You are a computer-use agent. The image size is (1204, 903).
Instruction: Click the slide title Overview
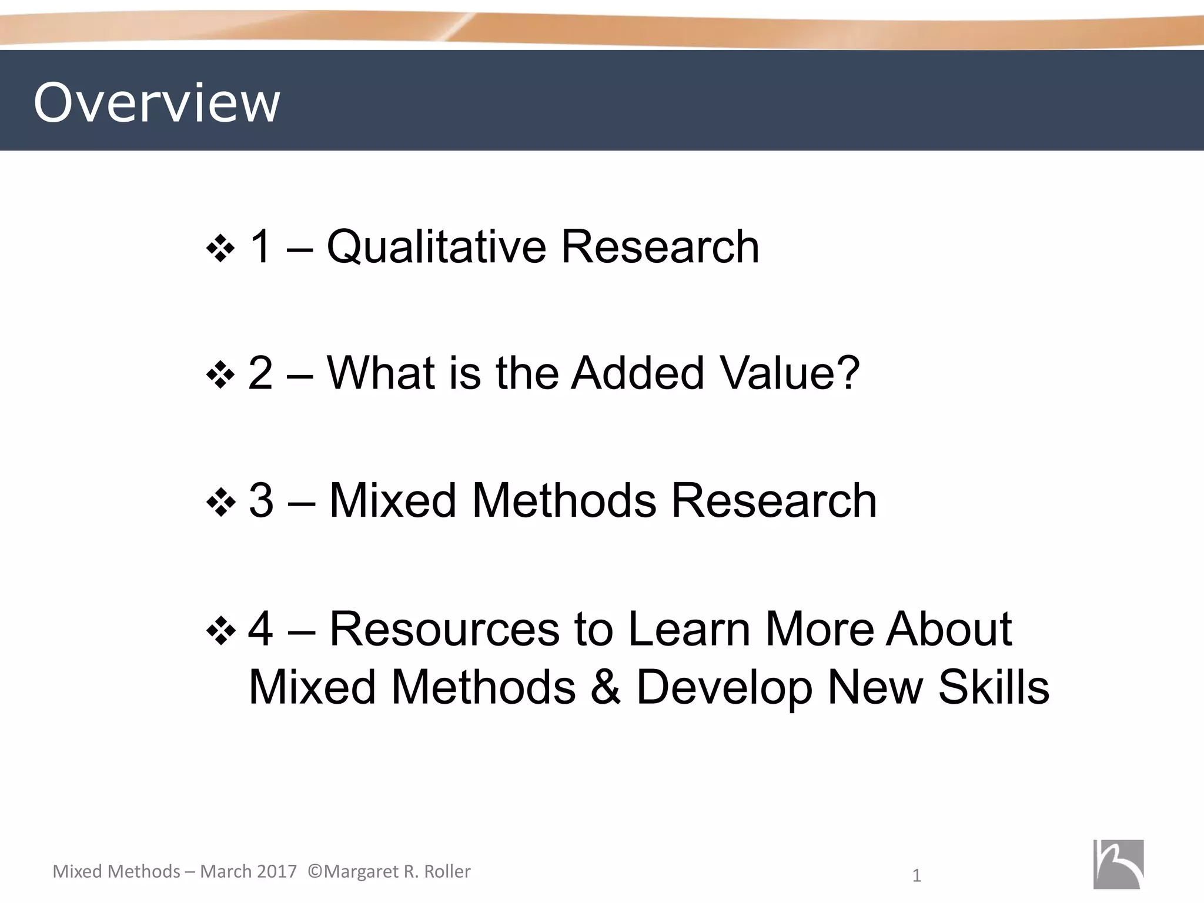pos(156,103)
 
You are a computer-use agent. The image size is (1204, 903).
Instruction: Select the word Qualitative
pos(436,247)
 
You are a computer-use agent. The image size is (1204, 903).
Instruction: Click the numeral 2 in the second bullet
pos(260,373)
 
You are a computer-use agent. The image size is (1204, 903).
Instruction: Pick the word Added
pos(638,373)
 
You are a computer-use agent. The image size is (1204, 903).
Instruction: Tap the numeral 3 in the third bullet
pos(261,500)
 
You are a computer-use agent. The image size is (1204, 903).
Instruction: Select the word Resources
pos(444,629)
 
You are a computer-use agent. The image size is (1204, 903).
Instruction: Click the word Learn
pos(690,629)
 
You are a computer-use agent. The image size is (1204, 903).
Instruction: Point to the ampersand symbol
pos(606,687)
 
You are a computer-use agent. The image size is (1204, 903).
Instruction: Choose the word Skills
pos(994,687)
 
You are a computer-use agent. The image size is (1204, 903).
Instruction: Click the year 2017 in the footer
pos(277,871)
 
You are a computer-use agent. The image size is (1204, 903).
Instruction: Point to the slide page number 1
pos(916,877)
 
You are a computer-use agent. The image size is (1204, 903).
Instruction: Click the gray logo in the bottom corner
pos(1118,864)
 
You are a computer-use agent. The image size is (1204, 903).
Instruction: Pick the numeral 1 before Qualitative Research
pos(260,246)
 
